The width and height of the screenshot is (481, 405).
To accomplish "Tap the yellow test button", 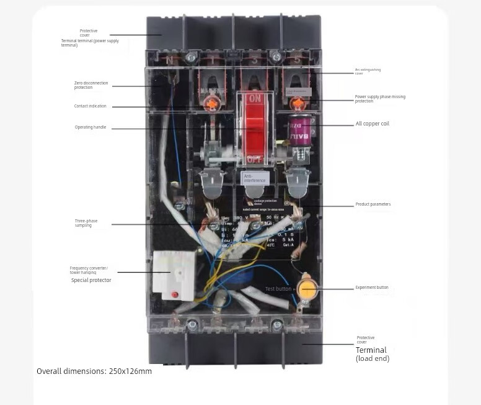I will (307, 289).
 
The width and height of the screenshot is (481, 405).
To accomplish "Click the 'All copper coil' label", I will (372, 124).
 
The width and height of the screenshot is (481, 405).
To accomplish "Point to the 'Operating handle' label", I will (90, 127).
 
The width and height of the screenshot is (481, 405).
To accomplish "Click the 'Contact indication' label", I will (90, 106).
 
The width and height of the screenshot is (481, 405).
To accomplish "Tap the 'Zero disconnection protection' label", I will (91, 85).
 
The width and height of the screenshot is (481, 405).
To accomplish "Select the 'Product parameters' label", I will (373, 204).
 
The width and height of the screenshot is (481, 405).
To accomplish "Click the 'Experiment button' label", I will (371, 288).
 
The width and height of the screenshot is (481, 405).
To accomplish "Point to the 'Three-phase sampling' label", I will (86, 223).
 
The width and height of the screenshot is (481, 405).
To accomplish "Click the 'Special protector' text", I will (91, 280).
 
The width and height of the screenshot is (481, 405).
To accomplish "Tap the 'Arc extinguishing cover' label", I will (368, 71).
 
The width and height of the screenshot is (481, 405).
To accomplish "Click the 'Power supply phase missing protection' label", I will (380, 98).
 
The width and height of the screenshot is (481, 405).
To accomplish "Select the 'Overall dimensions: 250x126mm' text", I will (94, 371).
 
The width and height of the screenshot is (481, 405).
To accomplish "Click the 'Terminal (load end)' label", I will (372, 354).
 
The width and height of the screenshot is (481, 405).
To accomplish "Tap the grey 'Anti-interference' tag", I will (255, 178).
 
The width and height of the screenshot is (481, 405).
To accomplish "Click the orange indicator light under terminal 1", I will (213, 104).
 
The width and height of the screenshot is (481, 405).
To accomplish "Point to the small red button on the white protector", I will (175, 294).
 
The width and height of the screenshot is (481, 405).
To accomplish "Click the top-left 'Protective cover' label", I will (88, 32).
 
